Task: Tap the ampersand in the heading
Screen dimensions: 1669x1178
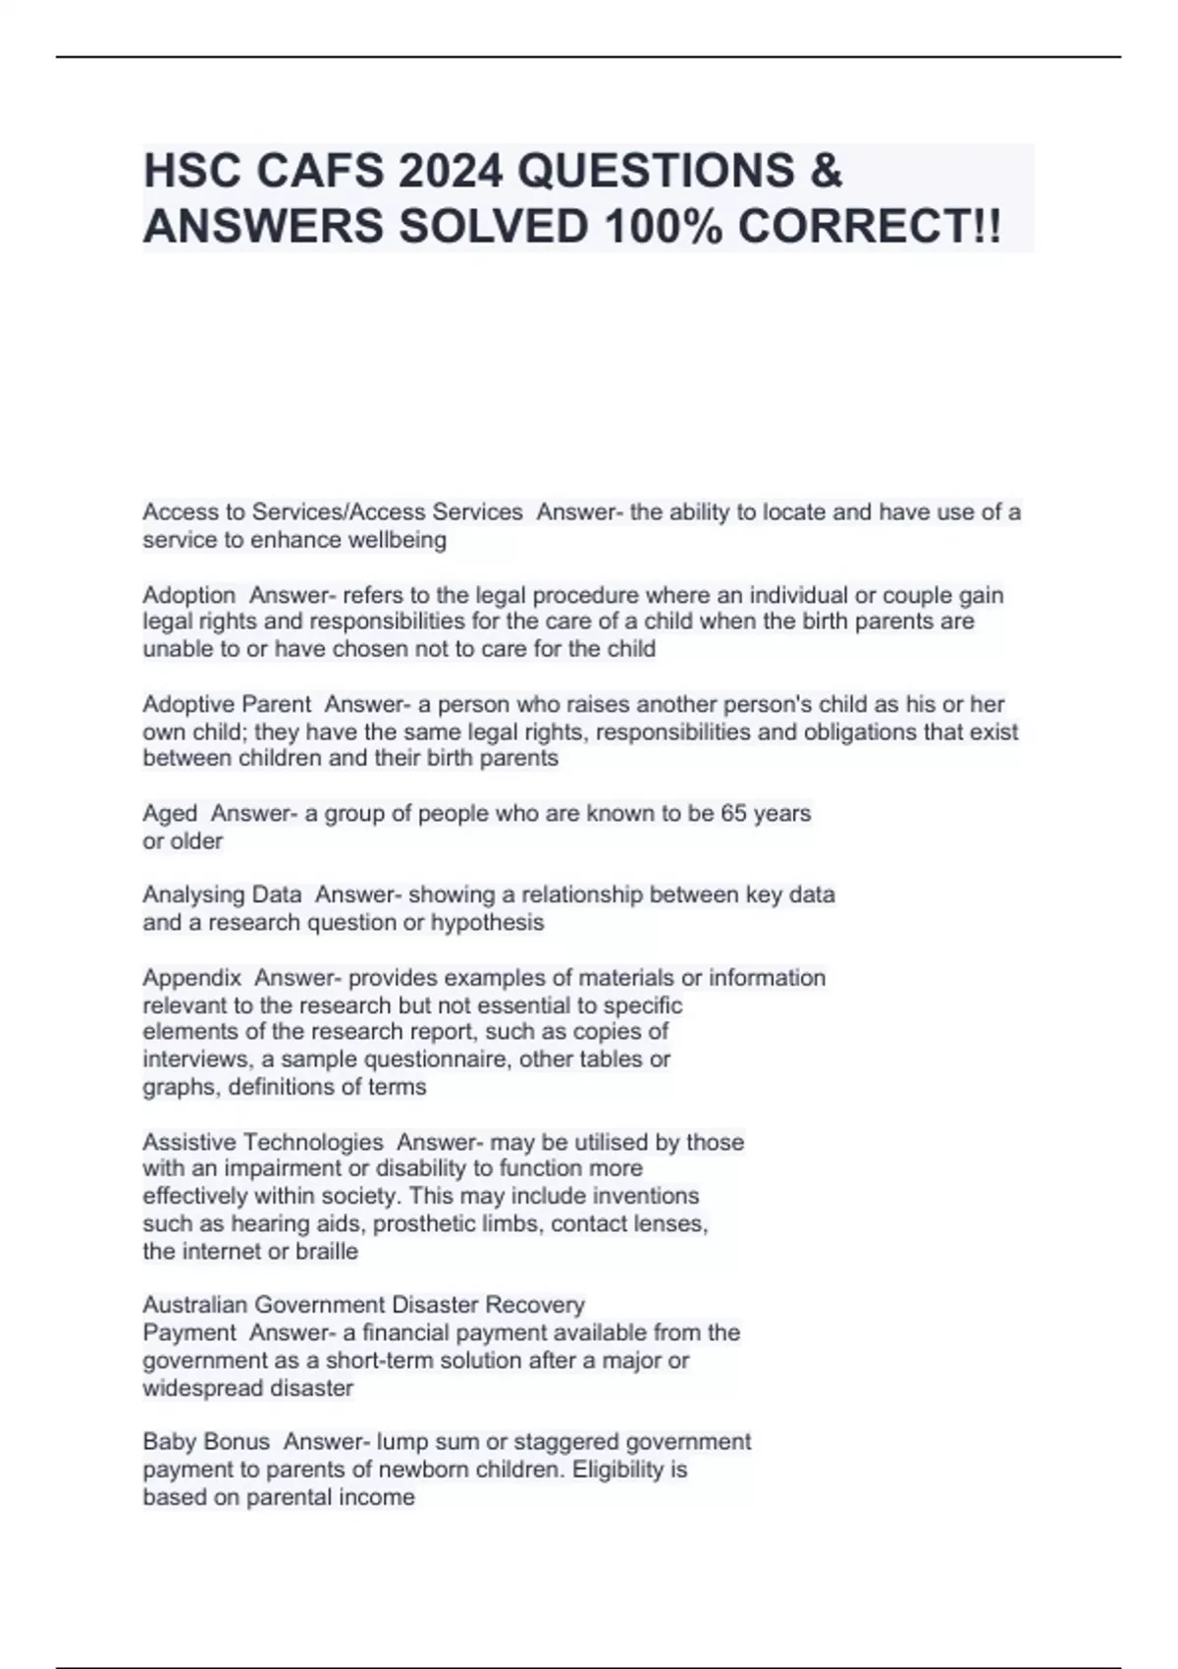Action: [x=828, y=171]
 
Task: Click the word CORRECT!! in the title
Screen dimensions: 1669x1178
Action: [x=870, y=227]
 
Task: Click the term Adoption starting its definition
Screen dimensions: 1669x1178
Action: [x=189, y=595]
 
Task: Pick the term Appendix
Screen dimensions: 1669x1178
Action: [x=191, y=978]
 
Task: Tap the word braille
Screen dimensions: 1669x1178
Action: [x=327, y=1252]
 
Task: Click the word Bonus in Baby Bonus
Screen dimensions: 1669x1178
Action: [x=237, y=1442]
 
